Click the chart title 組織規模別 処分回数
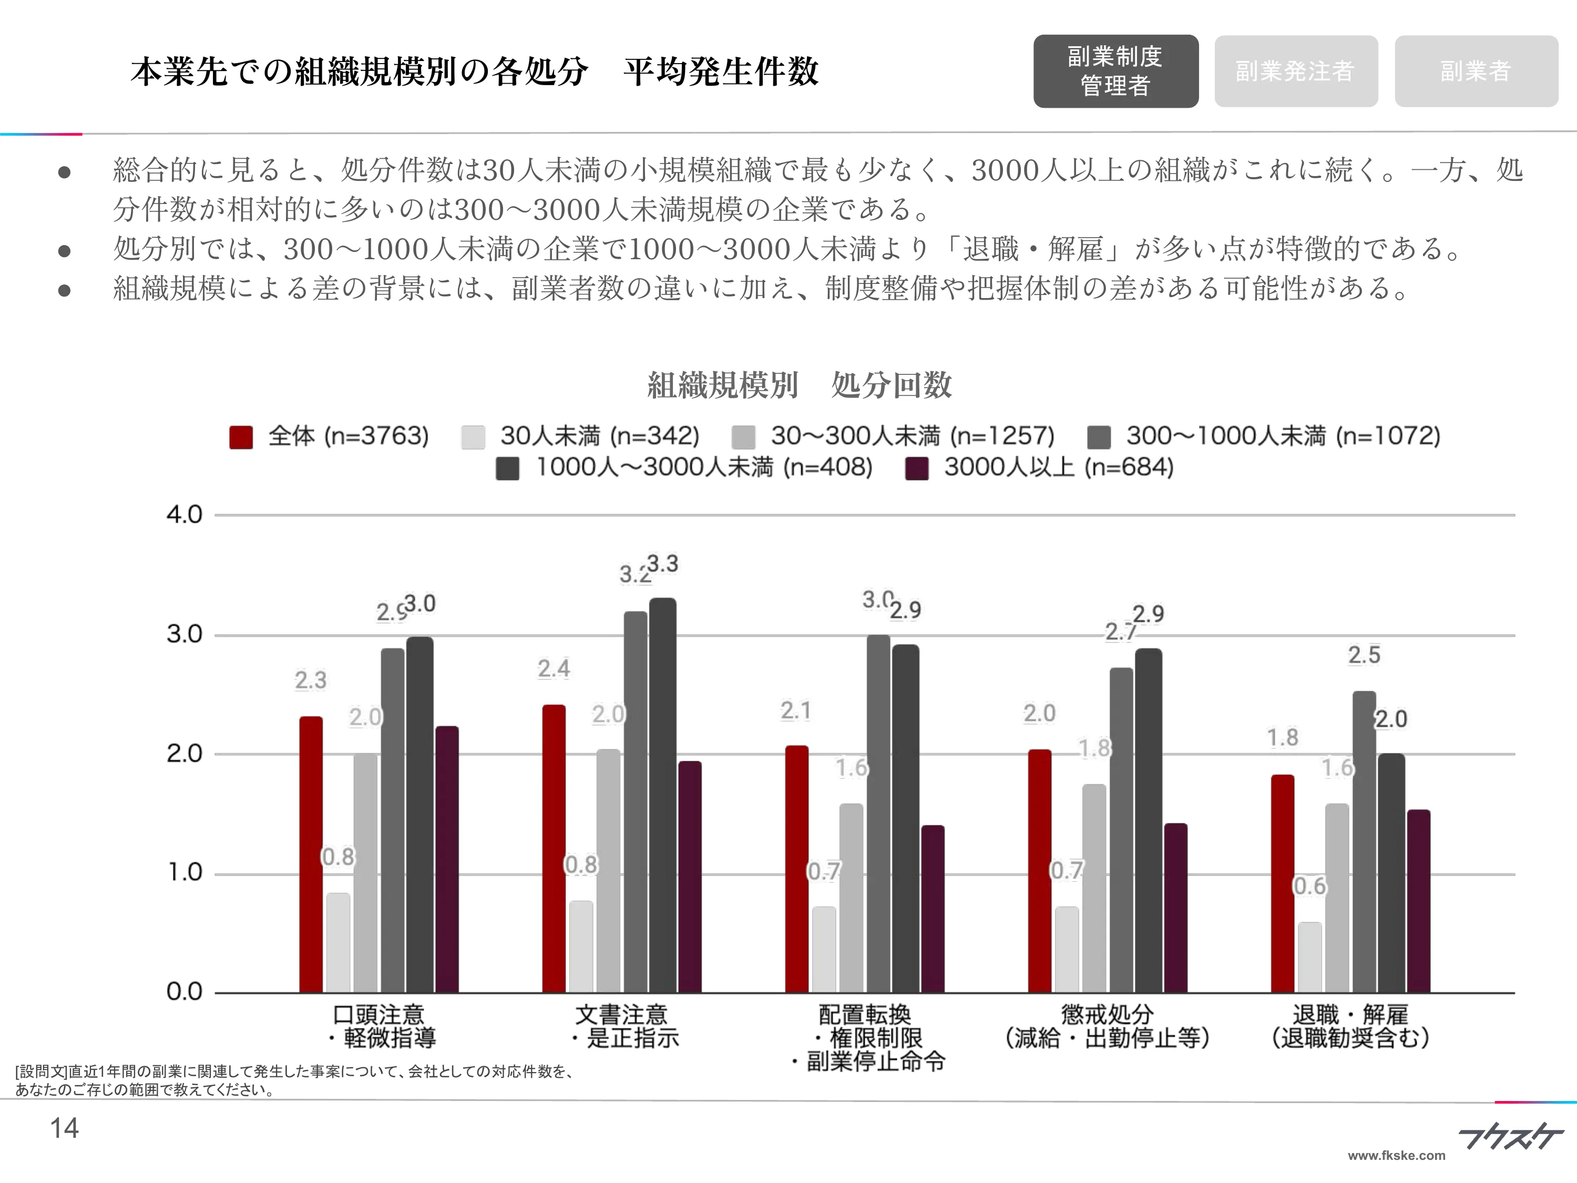[799, 385]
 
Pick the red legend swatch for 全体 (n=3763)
[241, 437]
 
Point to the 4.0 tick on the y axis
[184, 515]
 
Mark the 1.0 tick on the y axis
[184, 873]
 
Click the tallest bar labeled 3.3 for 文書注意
[662, 795]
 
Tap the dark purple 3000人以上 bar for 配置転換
[933, 909]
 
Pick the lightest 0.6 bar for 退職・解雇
[1309, 957]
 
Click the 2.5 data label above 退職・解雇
[1364, 655]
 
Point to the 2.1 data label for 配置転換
[796, 711]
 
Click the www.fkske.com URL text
[1396, 1156]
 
